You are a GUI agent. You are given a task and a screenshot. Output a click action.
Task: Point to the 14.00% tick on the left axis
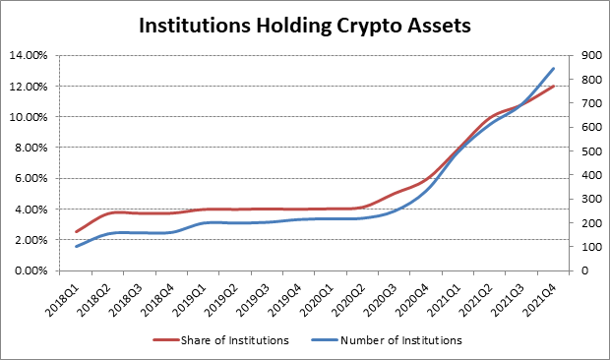pos(29,55)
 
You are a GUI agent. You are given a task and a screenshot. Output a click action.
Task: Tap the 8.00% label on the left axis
pos(30,148)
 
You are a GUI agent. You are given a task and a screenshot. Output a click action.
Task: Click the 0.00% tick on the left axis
pos(30,270)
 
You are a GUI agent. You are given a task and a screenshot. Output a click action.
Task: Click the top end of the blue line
pos(554,68)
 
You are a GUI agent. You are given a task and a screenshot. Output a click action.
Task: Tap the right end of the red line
pos(554,86)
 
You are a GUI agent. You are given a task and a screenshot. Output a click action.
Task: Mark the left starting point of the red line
pos(77,232)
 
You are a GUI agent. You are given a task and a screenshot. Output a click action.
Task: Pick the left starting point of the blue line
pos(77,247)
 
